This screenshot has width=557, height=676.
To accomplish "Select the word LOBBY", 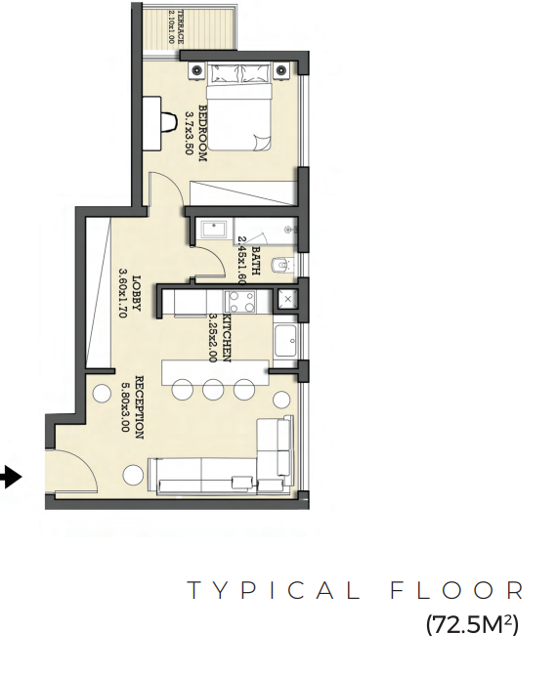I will point(136,293).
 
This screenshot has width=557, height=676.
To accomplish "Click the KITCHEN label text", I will point(226,338).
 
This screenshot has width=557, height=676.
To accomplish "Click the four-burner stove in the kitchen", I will point(240,302).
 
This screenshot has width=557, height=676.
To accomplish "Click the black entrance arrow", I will point(11,478).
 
